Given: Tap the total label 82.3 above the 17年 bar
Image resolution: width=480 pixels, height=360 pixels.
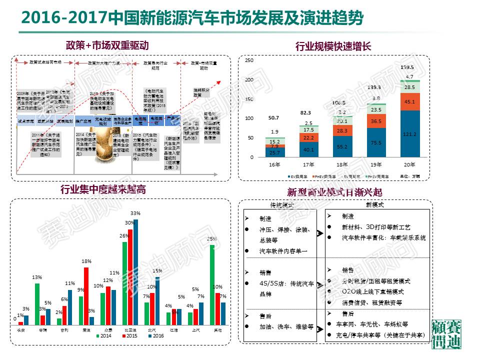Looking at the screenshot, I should (305, 113).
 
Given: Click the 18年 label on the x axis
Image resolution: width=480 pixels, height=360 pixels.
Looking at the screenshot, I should (342, 163).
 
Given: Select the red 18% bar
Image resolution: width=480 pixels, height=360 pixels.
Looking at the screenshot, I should (86, 295).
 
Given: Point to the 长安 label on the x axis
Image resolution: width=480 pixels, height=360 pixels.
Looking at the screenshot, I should (20, 330).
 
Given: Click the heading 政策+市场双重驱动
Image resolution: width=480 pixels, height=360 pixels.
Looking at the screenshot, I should (107, 45).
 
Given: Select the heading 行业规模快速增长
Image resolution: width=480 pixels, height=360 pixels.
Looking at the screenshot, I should (333, 47).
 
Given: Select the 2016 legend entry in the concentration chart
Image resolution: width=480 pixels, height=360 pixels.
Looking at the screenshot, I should (155, 336).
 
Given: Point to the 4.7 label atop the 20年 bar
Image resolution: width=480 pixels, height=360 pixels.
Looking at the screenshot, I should (409, 76).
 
